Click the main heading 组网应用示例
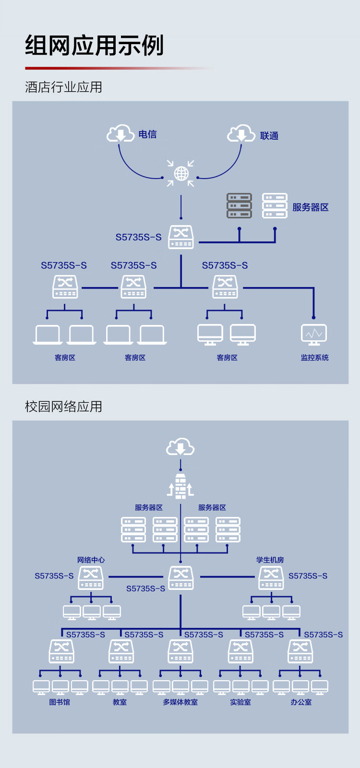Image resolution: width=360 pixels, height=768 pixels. click(x=95, y=46)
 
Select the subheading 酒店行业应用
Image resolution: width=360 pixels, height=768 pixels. click(x=63, y=87)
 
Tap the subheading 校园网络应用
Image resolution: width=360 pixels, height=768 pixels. click(x=63, y=407)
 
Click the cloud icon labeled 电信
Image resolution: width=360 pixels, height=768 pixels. click(x=120, y=133)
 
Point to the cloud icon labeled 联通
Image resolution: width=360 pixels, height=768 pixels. click(x=241, y=133)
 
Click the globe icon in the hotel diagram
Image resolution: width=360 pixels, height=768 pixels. click(x=181, y=173)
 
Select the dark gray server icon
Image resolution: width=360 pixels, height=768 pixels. click(x=239, y=205)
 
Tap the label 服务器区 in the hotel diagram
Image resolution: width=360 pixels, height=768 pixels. click(x=311, y=207)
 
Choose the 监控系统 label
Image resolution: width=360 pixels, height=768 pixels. click(x=314, y=358)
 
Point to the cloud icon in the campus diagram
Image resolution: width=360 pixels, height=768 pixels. click(x=180, y=447)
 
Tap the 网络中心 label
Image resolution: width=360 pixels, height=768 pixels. click(x=91, y=560)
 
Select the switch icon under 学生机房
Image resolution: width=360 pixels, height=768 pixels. click(x=271, y=577)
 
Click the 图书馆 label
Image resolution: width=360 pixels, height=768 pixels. click(x=60, y=702)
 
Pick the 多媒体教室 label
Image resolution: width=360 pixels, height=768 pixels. click(x=180, y=702)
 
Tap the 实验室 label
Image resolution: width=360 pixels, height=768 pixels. click(x=240, y=702)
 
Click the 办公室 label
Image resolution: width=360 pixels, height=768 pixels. click(x=301, y=702)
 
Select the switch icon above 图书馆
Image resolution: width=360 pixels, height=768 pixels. click(x=61, y=651)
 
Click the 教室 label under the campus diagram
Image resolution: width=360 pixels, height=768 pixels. click(x=120, y=702)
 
